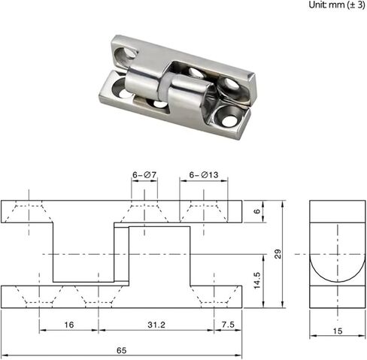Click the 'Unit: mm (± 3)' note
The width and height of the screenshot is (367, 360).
click(337, 5)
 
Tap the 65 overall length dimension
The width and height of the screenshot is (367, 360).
click(122, 350)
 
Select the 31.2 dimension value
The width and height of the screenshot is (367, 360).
click(156, 325)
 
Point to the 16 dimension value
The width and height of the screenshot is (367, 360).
click(69, 325)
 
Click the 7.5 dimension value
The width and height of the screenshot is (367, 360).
click(228, 325)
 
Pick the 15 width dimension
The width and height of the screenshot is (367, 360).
click(338, 331)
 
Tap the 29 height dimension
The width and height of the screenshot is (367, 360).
click(278, 254)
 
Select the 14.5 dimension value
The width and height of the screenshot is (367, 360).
click(257, 280)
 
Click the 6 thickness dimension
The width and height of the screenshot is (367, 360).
click(257, 211)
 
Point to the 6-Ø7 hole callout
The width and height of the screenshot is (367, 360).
click(144, 175)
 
